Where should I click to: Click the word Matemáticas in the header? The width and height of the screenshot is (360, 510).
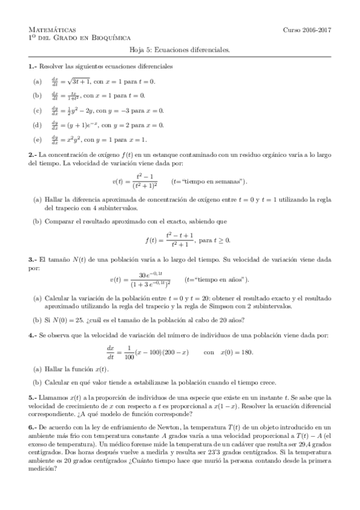[52, 29]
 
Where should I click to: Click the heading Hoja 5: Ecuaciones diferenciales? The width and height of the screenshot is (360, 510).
[180, 51]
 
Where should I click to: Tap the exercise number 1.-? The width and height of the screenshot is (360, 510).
[32, 66]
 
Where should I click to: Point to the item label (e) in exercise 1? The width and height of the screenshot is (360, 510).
[38, 140]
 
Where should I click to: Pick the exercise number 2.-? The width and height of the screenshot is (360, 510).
[32, 155]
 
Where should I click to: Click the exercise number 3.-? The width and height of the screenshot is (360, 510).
[32, 259]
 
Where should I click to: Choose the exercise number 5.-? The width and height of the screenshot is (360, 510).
[32, 398]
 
